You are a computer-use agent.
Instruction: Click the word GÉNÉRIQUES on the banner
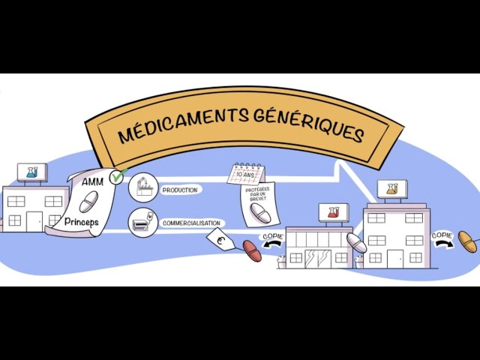309,126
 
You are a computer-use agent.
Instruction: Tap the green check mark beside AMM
118,175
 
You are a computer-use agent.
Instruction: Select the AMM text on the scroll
92,182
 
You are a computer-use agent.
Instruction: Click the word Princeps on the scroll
82,221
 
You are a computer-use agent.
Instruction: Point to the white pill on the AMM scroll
88,202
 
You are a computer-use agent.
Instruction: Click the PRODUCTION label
180,190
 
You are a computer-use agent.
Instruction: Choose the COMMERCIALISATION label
192,223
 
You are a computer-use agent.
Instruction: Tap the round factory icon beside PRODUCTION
143,187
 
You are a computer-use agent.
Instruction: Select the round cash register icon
143,223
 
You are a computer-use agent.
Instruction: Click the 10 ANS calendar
246,174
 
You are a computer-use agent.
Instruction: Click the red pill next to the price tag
252,250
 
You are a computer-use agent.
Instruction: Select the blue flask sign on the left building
32,172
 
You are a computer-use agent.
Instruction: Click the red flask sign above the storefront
334,212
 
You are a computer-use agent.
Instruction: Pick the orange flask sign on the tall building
392,189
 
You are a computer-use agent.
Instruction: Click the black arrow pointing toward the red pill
272,244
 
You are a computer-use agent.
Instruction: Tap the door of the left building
34,222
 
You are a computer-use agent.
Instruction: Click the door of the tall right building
395,259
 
